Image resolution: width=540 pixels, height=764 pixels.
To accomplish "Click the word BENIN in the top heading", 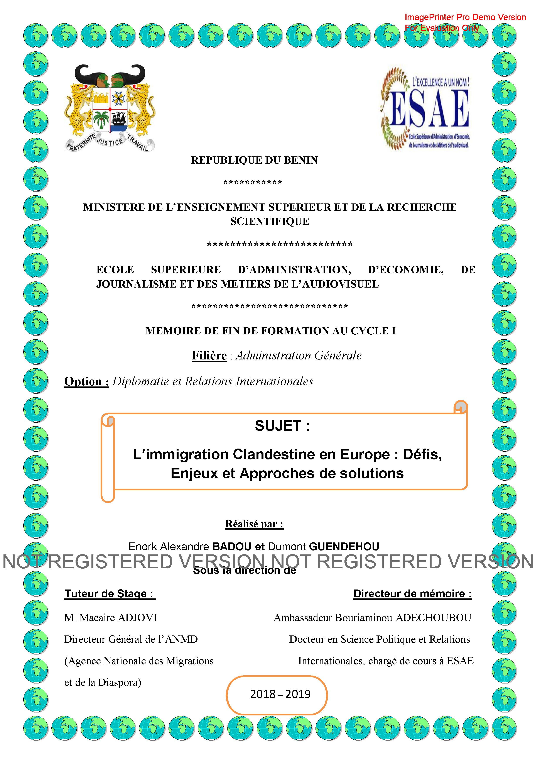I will pyautogui.click(x=300, y=160).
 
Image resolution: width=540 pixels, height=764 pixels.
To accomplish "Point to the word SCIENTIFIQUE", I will pyautogui.click(x=270, y=222).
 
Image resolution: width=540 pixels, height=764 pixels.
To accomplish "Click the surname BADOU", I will pyautogui.click(x=231, y=547).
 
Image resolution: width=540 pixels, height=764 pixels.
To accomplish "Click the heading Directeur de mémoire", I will pyautogui.click(x=412, y=594).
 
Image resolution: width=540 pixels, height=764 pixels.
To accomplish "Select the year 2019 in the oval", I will pyautogui.click(x=298, y=694).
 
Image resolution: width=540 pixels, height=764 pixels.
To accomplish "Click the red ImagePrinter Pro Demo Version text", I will pyautogui.click(x=465, y=17).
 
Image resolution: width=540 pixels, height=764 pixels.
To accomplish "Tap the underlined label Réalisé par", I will pyautogui.click(x=254, y=524).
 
